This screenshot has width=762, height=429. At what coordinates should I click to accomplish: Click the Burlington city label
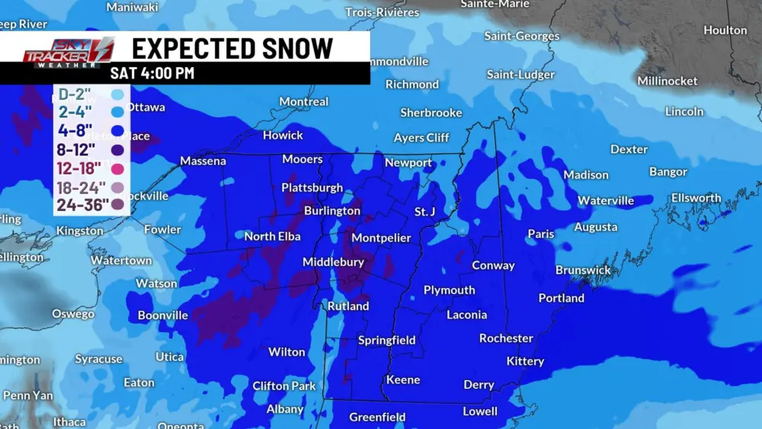click(x=331, y=211)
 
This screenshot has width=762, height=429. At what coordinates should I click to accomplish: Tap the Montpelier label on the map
click(x=381, y=239)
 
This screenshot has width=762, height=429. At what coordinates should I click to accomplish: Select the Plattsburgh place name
click(x=312, y=187)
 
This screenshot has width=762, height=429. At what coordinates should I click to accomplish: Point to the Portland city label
click(x=561, y=298)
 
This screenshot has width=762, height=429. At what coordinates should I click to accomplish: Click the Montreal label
click(x=303, y=102)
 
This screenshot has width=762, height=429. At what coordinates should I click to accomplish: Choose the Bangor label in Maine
click(x=668, y=172)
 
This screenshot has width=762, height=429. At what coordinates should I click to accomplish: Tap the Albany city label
click(x=284, y=410)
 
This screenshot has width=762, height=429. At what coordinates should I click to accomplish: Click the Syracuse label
click(x=98, y=359)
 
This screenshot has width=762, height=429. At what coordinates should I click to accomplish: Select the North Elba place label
click(x=272, y=237)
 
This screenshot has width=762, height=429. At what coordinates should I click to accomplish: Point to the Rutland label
click(x=348, y=306)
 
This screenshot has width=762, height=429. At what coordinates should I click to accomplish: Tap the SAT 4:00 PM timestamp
click(x=152, y=74)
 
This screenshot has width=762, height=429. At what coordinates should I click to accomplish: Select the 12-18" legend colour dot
click(x=117, y=168)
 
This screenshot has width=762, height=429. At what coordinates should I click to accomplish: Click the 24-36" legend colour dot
click(x=117, y=204)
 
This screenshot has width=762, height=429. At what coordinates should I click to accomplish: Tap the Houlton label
click(x=725, y=30)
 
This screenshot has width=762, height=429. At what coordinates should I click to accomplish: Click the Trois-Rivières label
click(x=382, y=12)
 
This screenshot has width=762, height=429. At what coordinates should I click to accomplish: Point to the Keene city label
click(x=403, y=380)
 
